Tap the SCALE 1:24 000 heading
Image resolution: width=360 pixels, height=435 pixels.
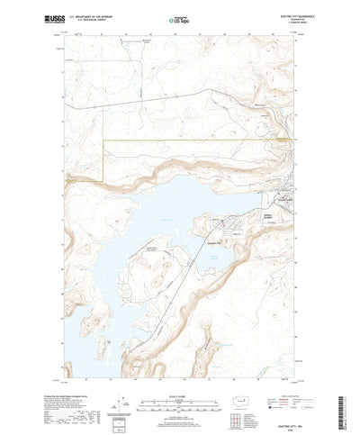(x=180, y=370)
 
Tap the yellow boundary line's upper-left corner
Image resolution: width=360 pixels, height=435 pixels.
(x=104, y=140)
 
